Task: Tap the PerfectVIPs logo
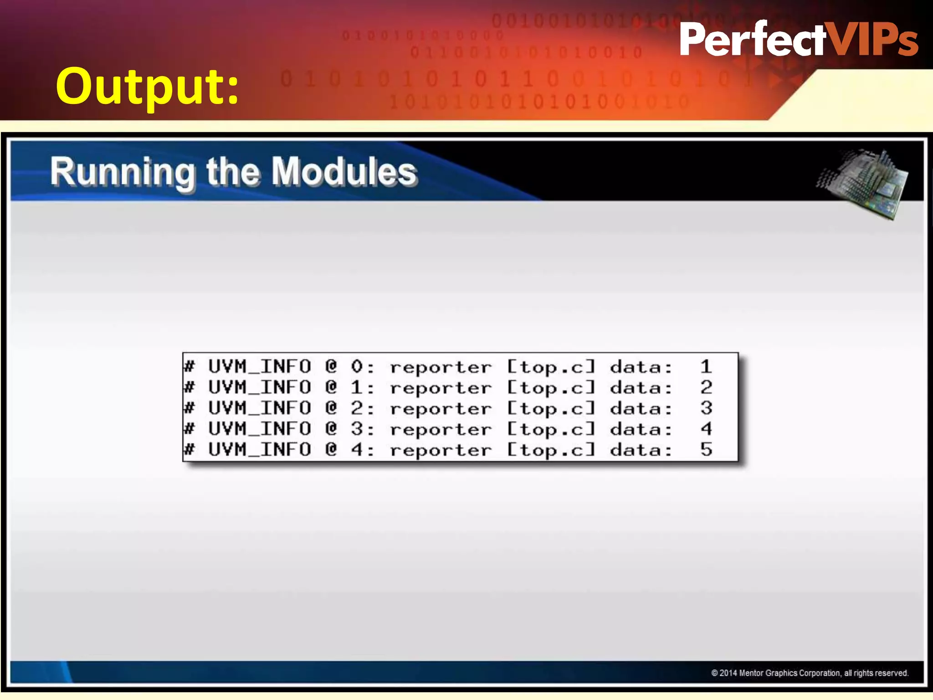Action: click(798, 39)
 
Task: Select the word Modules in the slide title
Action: click(344, 172)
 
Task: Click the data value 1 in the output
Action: click(706, 367)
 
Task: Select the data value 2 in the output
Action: click(706, 388)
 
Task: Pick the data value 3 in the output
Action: click(706, 408)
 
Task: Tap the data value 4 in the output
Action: click(706, 429)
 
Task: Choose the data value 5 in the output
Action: click(706, 450)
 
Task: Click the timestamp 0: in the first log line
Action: click(362, 367)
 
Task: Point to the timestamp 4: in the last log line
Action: click(362, 450)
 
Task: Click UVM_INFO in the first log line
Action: click(260, 367)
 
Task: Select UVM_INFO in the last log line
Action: click(260, 450)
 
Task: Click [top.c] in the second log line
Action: click(551, 388)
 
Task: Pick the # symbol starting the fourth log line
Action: click(190, 429)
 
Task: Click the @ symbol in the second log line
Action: click(331, 388)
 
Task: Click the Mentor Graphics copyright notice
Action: click(810, 673)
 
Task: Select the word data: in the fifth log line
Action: click(641, 450)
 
